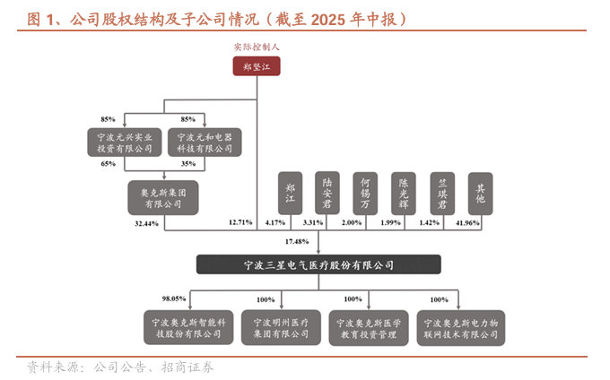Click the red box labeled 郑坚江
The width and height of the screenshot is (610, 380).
pos(257,66)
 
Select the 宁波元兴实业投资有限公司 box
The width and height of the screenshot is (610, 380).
pos(125,143)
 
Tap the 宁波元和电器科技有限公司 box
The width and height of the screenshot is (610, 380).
pos(205,143)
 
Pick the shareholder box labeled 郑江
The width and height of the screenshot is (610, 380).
pos(290,193)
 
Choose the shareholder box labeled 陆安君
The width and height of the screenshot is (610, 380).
pos(327,193)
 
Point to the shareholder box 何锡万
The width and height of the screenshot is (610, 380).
pos(365,193)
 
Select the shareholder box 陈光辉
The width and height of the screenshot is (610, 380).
pos(404,193)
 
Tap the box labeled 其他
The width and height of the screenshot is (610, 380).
pos(481,193)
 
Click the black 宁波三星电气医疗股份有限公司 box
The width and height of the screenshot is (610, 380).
pos(319,265)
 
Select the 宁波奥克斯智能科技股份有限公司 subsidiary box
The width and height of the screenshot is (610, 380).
pos(187,327)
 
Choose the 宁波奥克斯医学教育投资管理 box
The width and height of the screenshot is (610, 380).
pos(370,327)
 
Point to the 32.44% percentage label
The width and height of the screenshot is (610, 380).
pos(146,221)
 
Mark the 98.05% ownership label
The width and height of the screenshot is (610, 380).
pos(173,298)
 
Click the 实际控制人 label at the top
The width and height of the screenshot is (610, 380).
pos(257,45)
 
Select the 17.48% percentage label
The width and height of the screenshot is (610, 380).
pos(296,242)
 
